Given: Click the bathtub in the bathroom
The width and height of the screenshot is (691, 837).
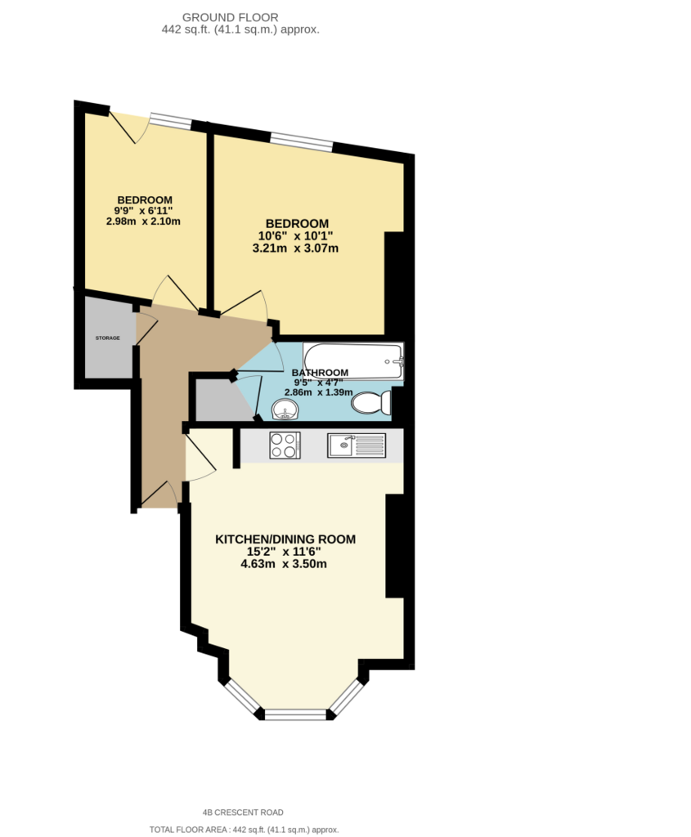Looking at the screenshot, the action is pyautogui.click(x=353, y=361).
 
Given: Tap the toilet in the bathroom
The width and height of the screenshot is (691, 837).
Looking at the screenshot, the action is pyautogui.click(x=371, y=402).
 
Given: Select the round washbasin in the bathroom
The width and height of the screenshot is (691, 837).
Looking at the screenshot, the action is pyautogui.click(x=285, y=410).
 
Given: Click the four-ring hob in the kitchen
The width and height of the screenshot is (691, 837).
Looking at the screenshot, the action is pyautogui.click(x=285, y=445).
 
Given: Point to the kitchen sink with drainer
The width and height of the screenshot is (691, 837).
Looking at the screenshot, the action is pyautogui.click(x=357, y=445).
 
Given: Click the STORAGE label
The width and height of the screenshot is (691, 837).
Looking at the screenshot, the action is pyautogui.click(x=107, y=338).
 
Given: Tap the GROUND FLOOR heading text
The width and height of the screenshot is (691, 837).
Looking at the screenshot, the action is pyautogui.click(x=230, y=18).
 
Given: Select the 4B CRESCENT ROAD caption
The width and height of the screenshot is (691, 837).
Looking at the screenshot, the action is pyautogui.click(x=243, y=812).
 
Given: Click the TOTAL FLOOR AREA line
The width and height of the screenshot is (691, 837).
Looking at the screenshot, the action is pyautogui.click(x=244, y=830).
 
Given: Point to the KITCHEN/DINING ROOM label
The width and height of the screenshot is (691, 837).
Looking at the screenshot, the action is pyautogui.click(x=285, y=539).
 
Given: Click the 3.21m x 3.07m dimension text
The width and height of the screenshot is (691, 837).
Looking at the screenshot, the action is pyautogui.click(x=295, y=248).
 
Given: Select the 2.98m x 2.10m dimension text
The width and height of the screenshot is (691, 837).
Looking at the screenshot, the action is pyautogui.click(x=143, y=221).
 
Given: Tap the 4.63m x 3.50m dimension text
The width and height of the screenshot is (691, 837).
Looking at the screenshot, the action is pyautogui.click(x=284, y=564).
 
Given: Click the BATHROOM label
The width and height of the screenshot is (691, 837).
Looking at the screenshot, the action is pyautogui.click(x=320, y=373).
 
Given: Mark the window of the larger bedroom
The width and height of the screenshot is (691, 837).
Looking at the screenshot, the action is pyautogui.click(x=302, y=141).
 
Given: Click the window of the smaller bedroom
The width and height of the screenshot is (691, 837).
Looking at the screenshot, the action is pyautogui.click(x=170, y=121).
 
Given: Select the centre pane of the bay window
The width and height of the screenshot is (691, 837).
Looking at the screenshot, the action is pyautogui.click(x=295, y=714).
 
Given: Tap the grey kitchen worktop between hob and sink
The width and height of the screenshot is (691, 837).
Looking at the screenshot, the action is pyautogui.click(x=313, y=445).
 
